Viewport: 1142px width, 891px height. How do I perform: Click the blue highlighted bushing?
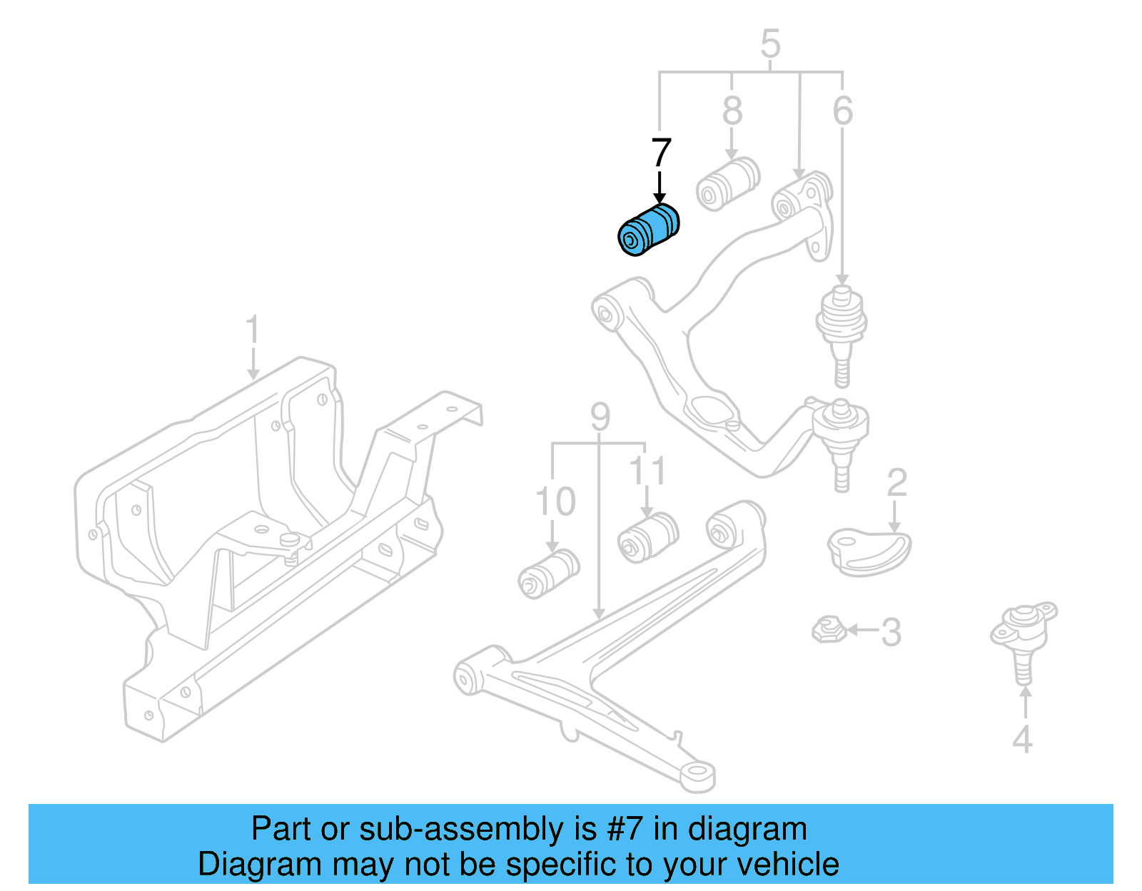[x=648, y=230]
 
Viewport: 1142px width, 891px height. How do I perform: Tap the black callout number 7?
[x=661, y=153]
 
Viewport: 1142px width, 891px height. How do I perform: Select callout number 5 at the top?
[x=770, y=44]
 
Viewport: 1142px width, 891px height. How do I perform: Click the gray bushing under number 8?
[x=727, y=184]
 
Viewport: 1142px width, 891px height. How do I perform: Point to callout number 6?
[x=842, y=111]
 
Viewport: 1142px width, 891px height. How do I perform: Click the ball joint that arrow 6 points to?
[x=842, y=328]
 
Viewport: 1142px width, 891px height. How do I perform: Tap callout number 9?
[x=600, y=417]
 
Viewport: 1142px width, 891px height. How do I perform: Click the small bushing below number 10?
[x=547, y=573]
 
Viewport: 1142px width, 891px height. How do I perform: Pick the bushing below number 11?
[x=648, y=537]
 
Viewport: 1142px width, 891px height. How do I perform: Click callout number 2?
[x=896, y=484]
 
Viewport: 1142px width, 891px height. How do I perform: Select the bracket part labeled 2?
[x=868, y=551]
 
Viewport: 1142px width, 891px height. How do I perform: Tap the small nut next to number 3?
[x=829, y=629]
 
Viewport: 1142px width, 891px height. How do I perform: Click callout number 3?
[x=891, y=632]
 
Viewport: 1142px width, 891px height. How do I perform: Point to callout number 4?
[x=1022, y=740]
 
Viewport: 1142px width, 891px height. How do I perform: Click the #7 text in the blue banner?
[x=625, y=829]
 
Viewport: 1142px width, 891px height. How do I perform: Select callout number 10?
[x=555, y=502]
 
